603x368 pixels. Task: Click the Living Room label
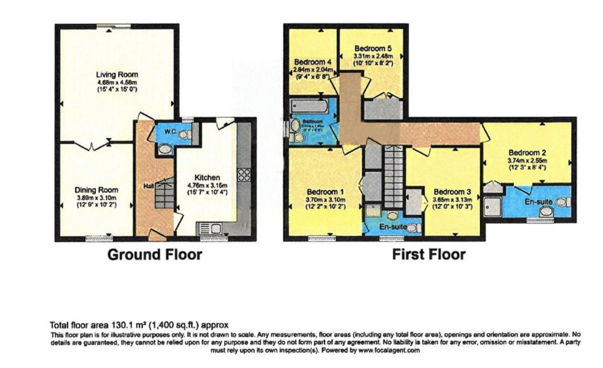tap(117, 75)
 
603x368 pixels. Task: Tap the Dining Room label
tap(96, 190)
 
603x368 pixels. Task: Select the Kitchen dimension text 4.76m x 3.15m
tap(207, 185)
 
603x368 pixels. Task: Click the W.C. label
tap(170, 132)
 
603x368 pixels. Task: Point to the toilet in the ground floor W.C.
tap(185, 135)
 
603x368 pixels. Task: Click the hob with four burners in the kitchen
tap(244, 175)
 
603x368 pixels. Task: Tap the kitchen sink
tap(210, 228)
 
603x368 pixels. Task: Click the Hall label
tap(148, 186)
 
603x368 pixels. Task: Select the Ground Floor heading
tap(155, 254)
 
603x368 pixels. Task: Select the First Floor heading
tap(428, 254)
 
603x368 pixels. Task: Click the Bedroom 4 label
tap(312, 62)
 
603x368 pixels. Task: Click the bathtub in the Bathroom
tap(310, 107)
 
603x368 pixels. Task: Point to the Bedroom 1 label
tap(325, 192)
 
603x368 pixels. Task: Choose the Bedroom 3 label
tap(452, 192)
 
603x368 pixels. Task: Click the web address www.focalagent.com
tap(389, 351)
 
